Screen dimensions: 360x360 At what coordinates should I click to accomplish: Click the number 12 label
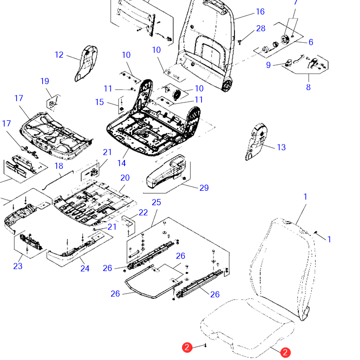tap(59, 55)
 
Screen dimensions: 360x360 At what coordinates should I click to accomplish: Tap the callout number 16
tap(260, 12)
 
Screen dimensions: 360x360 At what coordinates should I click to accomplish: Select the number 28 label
tap(261, 28)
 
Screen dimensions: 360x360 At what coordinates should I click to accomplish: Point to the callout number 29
tap(204, 188)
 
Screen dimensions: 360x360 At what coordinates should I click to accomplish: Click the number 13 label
tap(281, 148)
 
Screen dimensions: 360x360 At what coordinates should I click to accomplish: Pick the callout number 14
tap(121, 164)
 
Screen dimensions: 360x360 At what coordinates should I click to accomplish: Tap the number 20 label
tap(125, 178)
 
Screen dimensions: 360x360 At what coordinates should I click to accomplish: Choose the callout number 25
tap(156, 202)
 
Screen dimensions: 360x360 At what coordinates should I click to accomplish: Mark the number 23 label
tap(18, 266)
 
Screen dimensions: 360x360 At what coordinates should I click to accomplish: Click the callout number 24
tap(85, 268)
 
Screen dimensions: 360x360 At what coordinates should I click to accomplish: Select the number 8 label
tap(309, 87)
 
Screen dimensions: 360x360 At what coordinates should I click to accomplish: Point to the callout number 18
tap(59, 166)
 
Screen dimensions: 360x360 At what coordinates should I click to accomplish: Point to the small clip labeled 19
tap(51, 102)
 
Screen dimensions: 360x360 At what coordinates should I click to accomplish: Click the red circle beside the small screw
tap(188, 348)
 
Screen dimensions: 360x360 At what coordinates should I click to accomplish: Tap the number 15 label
tap(99, 102)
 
